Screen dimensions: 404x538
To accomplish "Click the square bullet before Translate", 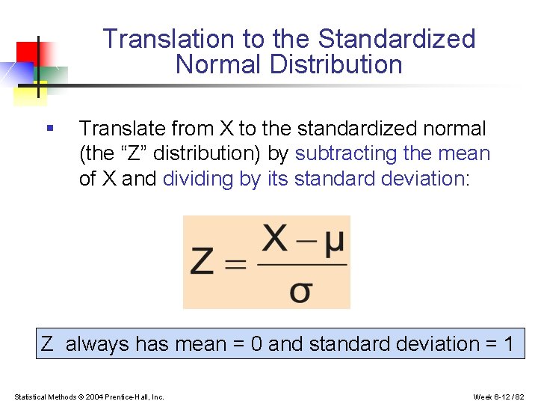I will [49, 128].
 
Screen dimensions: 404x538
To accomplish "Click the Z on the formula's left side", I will [204, 263].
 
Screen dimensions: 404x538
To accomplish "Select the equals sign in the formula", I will [236, 264].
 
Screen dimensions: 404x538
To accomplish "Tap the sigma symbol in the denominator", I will [300, 290].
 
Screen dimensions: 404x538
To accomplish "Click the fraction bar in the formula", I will [301, 264].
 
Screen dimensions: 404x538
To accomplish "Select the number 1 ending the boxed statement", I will [508, 344].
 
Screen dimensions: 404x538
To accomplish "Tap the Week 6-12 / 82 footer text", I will [499, 397].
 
